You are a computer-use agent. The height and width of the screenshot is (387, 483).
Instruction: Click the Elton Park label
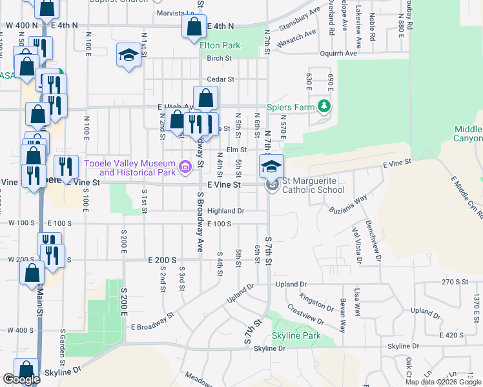coord(220,45)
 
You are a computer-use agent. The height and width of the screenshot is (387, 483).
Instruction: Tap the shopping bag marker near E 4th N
coord(194,28)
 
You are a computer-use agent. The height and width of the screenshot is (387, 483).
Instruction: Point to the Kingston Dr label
coord(315,301)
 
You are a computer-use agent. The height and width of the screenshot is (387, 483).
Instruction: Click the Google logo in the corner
coord(21,379)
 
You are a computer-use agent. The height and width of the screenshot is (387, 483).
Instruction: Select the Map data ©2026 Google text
coord(443,382)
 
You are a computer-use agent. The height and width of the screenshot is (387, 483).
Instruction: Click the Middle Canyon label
coord(468,134)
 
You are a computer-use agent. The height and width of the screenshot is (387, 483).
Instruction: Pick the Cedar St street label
coord(219,80)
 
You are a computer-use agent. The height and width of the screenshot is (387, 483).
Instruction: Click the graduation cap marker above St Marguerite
coord(272,166)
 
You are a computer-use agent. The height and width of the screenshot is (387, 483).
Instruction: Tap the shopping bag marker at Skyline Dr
coord(27,371)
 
